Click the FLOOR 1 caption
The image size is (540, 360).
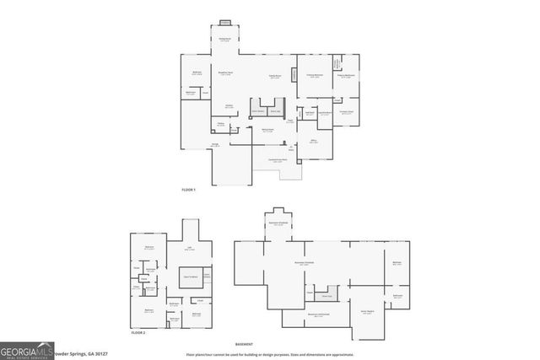click(188, 190)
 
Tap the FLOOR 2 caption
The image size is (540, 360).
click(138, 335)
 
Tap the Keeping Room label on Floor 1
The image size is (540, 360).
click(226, 39)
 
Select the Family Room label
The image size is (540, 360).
click(275, 78)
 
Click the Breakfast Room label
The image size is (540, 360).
click(226, 72)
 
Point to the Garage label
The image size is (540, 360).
click(216, 145)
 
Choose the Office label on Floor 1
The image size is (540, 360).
click(314, 142)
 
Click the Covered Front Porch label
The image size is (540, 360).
click(278, 160)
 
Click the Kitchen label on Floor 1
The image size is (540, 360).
click(229, 105)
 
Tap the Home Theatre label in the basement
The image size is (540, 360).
click(368, 312)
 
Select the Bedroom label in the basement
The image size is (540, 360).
click(397, 263)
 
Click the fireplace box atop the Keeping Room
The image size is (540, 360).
click(225, 23)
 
